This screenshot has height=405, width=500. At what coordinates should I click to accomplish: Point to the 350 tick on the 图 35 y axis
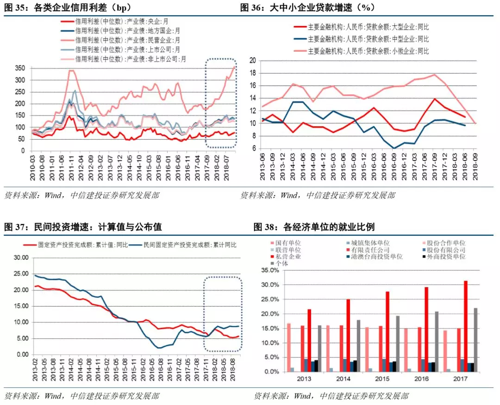[x=21, y=68]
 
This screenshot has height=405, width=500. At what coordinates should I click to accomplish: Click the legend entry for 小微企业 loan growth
[x=361, y=51]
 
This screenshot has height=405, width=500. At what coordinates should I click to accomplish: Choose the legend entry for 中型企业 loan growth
[x=361, y=39]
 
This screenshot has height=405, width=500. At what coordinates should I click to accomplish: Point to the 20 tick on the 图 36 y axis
[x=253, y=60]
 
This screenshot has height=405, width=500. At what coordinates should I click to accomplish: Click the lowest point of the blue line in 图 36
[x=394, y=148]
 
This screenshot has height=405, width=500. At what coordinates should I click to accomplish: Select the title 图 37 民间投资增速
[x=83, y=227]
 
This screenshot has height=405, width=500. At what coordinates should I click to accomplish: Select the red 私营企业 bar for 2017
[x=465, y=326]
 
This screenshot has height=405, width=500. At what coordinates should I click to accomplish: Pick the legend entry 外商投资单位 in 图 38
[x=443, y=256]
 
